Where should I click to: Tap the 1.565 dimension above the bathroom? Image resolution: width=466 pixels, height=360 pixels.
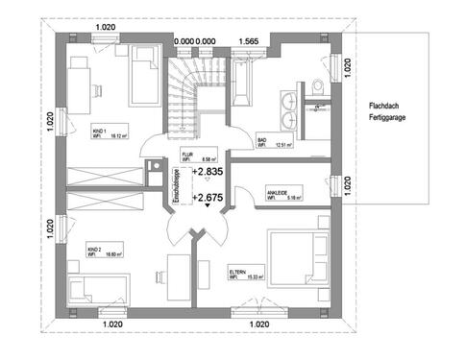[x=248, y=40]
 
